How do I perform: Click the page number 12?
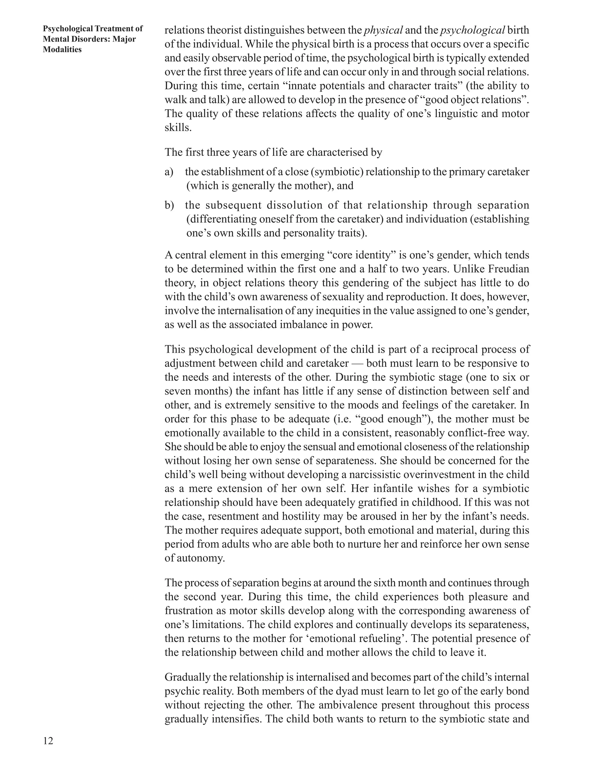[48, 740]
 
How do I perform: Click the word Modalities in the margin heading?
[62, 49]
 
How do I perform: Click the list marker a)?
[169, 172]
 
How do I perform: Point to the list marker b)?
[169, 205]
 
